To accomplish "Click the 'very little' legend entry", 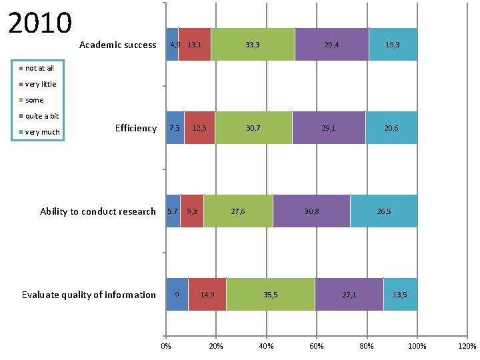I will [41, 84].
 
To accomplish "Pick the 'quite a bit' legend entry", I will [42, 116].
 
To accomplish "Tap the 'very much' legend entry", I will [42, 132].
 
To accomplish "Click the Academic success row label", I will [117, 45].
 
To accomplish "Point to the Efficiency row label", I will [135, 128].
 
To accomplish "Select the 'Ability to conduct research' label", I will [97, 211].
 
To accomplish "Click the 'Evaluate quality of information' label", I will [89, 295].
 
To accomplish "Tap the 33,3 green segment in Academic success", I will [253, 45].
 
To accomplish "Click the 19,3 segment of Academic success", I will [393, 45].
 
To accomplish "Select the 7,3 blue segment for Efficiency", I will [175, 128].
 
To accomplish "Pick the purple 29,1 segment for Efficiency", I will [329, 128].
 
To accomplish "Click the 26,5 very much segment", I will [384, 211].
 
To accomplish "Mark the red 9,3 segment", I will [192, 211].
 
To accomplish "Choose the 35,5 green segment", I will [271, 295].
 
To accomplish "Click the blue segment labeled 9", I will [177, 295].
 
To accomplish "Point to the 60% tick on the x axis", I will [317, 345].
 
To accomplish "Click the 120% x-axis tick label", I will [467, 345].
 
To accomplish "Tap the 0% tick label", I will [166, 345].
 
